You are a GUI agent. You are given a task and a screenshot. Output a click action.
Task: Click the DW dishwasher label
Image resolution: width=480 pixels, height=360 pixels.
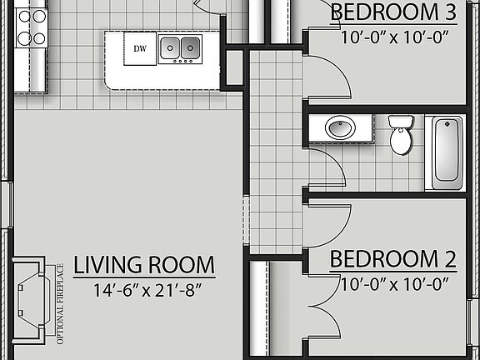(x=140, y=49)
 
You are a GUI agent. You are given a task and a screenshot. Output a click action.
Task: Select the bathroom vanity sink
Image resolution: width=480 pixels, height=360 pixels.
(x=339, y=128)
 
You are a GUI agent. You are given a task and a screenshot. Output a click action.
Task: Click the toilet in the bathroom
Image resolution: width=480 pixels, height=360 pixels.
(x=401, y=135)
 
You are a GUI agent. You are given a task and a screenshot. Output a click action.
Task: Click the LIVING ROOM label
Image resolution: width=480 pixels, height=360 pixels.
(x=144, y=266)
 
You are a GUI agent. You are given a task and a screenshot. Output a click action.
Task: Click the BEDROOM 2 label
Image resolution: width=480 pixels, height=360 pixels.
(x=392, y=259)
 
